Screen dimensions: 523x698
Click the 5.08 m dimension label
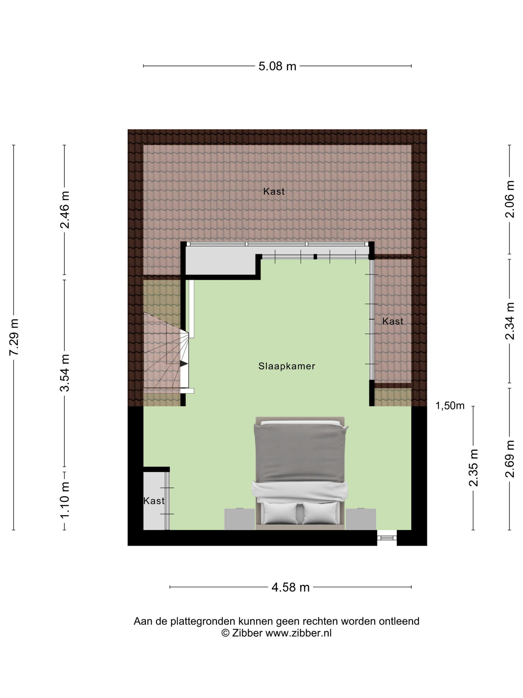click(277, 66)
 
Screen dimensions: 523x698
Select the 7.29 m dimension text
click(14, 337)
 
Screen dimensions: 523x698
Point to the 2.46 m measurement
click(65, 210)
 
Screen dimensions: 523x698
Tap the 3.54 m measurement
click(65, 373)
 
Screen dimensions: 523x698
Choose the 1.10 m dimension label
click(65, 501)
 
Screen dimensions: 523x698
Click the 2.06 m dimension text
click(510, 199)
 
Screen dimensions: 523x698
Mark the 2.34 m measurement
click(510, 321)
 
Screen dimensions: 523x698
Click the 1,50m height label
click(450, 406)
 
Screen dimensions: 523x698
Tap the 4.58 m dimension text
click(290, 587)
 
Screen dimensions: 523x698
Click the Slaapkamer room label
click(287, 366)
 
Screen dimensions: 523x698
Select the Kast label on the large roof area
click(274, 191)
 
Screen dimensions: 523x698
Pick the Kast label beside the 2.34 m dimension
click(393, 321)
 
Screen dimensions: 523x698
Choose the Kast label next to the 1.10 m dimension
click(154, 501)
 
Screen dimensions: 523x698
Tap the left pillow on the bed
click(280, 513)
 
